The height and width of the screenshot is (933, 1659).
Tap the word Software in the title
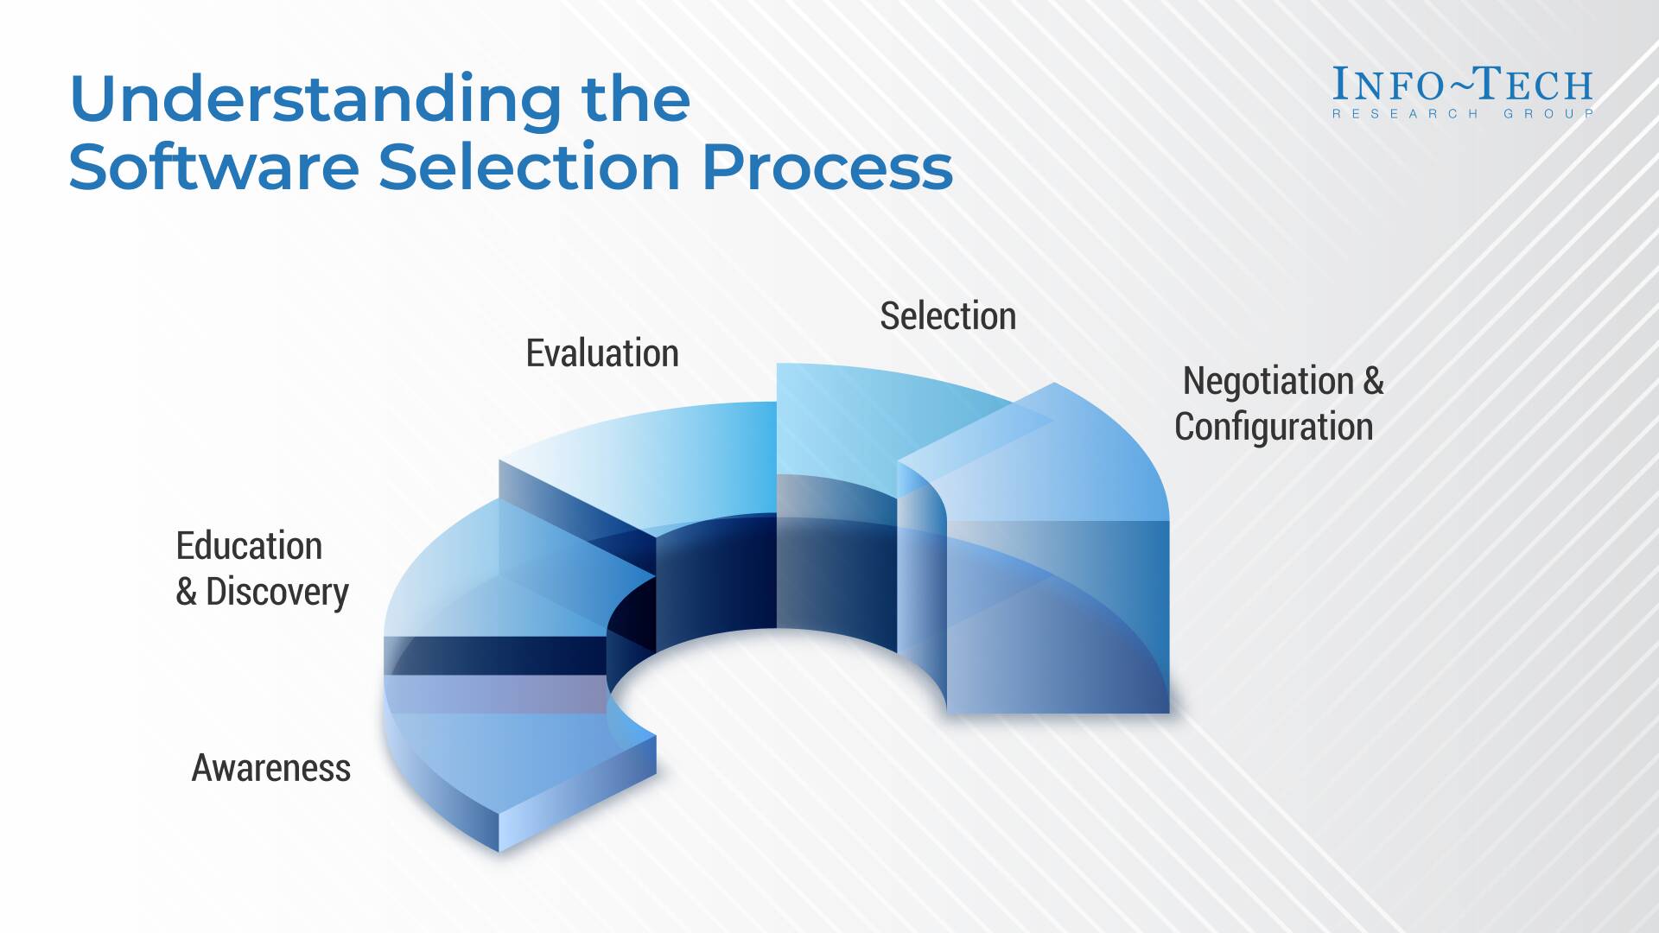click(213, 167)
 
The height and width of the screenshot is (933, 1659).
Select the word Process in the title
click(827, 167)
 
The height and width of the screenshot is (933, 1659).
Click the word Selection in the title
click(530, 167)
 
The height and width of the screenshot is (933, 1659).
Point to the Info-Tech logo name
click(1462, 85)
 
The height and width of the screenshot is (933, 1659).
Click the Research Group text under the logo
click(1462, 114)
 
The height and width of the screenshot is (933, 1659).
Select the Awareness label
click(270, 768)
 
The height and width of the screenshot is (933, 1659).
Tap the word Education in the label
click(249, 546)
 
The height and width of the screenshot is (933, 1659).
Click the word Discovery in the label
click(277, 592)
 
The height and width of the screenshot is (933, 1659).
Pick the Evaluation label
click(602, 353)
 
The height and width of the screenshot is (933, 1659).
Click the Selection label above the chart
click(948, 316)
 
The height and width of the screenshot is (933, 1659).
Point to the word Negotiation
click(1268, 381)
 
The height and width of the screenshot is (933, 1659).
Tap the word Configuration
click(1274, 427)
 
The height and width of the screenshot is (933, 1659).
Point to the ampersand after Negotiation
click(1373, 381)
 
